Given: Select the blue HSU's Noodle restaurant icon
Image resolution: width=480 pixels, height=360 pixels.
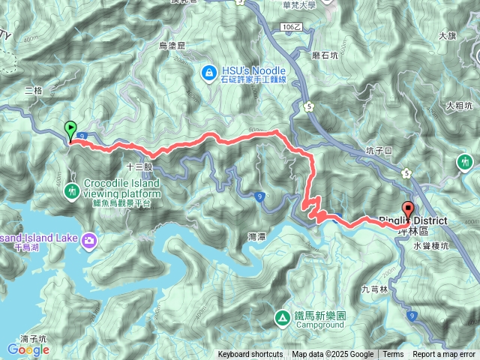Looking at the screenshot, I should pyautogui.click(x=209, y=72).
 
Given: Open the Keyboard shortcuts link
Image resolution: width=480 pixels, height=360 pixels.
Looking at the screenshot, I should pyautogui.click(x=250, y=355).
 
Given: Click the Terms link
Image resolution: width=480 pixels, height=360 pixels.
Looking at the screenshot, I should pyautogui.click(x=393, y=355).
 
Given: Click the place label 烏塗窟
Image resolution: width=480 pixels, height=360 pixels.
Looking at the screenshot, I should pyautogui.click(x=172, y=46).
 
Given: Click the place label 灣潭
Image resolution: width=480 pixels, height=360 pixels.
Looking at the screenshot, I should pyautogui.click(x=256, y=236).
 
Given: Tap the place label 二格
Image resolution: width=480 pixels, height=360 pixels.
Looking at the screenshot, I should pyautogui.click(x=34, y=90).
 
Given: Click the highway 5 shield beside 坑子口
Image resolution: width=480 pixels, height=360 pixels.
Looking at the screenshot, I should pyautogui.click(x=406, y=172).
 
